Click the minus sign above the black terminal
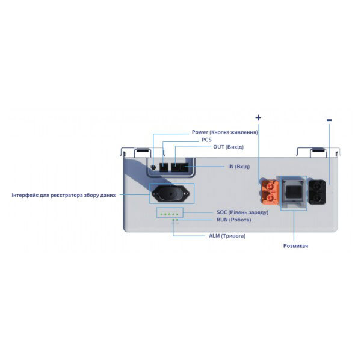click(329, 120)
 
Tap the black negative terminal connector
click(318, 191)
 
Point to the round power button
click(154, 167)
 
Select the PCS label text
click(206, 140)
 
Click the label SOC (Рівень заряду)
click(242, 212)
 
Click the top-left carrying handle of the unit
click(141, 150)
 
